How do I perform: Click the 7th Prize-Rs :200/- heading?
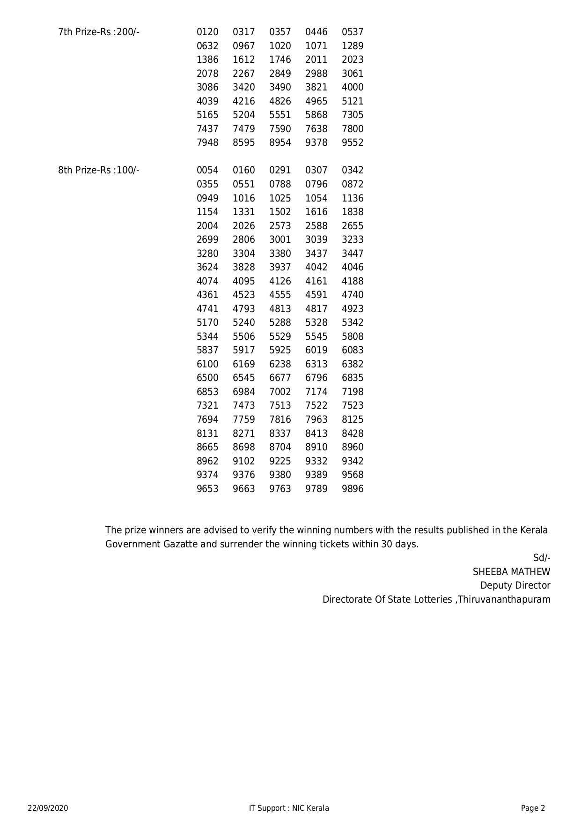point(99,32)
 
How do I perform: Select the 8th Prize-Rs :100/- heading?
point(99,170)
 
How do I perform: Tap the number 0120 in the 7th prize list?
point(207,32)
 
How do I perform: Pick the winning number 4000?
point(353,87)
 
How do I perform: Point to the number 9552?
point(353,142)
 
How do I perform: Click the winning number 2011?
point(316,60)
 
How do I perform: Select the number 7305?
point(353,115)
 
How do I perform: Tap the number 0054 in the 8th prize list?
point(207,170)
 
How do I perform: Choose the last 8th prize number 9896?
point(353,489)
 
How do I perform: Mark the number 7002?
point(280,392)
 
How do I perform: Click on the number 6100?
point(207,364)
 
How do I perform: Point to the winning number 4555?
point(280,295)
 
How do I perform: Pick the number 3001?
point(280,239)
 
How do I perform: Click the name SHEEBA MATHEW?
point(511,572)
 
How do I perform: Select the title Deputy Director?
point(515,585)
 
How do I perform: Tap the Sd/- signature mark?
point(542,558)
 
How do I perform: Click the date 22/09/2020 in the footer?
point(48,808)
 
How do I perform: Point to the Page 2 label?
point(533,808)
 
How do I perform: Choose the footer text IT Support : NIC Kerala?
point(289,808)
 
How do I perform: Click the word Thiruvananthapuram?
point(504,599)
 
